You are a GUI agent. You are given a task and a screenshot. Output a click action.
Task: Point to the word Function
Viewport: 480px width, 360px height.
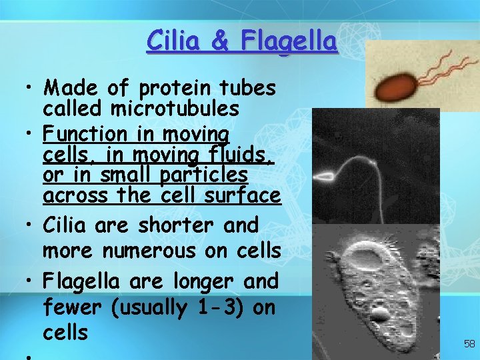click(x=84, y=134)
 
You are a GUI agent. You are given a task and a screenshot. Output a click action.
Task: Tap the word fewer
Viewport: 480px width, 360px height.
click(x=70, y=307)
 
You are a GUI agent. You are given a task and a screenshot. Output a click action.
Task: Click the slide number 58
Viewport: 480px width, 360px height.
click(x=469, y=344)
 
